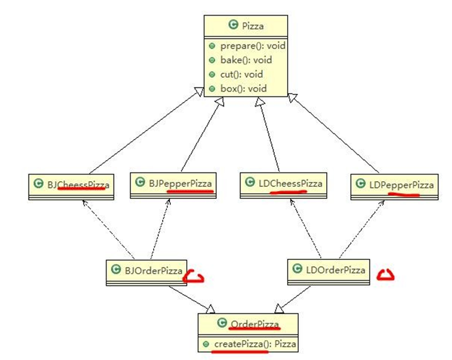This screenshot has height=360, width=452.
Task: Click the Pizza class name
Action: pos(253,25)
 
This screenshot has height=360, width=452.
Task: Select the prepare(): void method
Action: pos(252,46)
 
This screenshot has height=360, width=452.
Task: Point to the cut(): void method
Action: pos(241,74)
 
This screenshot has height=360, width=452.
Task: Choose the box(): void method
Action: pos(243,88)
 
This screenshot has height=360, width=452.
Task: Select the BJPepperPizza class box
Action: pos(174,184)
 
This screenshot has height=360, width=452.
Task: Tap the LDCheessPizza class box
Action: pos(282,185)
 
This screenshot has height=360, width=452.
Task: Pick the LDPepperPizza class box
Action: pos(394,186)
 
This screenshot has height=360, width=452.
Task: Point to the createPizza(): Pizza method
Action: pos(258,344)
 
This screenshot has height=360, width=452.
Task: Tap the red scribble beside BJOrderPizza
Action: pos(194,277)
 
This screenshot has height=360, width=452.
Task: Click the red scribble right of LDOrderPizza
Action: pos(386,275)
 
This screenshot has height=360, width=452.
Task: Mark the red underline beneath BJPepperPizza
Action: pos(190,190)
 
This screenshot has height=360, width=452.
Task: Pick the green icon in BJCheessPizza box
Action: pos(37,185)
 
